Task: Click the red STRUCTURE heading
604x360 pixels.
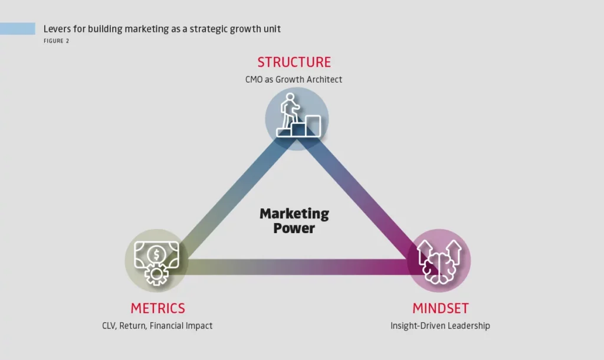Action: (294, 62)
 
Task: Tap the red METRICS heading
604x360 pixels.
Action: (157, 308)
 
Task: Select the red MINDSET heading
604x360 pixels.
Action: (440, 308)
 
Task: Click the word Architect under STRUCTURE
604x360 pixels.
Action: (324, 79)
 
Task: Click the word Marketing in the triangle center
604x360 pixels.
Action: (294, 214)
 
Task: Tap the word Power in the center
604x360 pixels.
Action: (294, 228)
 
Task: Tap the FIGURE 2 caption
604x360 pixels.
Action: (56, 41)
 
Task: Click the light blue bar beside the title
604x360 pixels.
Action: (18, 28)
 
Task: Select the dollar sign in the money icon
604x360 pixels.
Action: (156, 254)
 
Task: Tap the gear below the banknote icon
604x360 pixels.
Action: (156, 275)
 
